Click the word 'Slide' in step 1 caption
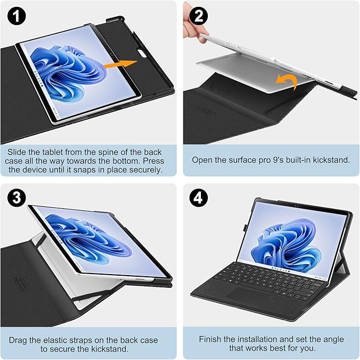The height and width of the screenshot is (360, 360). (18, 151)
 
